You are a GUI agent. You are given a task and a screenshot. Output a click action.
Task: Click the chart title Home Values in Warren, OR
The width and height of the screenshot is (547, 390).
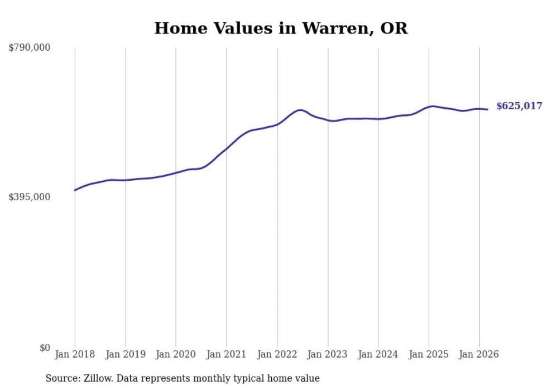click(x=281, y=28)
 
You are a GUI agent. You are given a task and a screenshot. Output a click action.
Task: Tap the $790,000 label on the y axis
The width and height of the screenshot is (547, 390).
click(x=29, y=47)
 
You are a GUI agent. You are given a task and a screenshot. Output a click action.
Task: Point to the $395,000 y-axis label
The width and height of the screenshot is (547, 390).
click(x=29, y=197)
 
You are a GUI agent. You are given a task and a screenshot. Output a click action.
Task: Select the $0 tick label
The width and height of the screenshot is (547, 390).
click(x=45, y=348)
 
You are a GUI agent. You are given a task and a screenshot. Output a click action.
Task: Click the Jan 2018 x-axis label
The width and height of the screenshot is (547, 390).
click(x=75, y=354)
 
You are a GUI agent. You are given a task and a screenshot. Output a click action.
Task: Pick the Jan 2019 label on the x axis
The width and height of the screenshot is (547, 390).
click(x=126, y=354)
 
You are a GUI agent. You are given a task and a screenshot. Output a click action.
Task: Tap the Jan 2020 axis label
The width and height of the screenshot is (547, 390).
click(x=176, y=354)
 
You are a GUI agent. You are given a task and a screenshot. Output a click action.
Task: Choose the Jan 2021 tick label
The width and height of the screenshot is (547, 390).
click(x=227, y=354)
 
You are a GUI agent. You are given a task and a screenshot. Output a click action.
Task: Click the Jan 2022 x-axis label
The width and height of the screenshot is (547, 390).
click(x=277, y=354)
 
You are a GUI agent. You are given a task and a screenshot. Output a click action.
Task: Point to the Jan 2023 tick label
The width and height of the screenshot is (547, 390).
click(x=328, y=354)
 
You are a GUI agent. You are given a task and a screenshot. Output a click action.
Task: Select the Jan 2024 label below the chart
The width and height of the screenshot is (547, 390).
click(x=378, y=354)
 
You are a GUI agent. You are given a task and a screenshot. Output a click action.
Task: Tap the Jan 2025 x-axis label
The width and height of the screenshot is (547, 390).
click(x=429, y=354)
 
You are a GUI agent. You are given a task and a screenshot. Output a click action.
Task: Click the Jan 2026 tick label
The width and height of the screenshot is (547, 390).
click(x=479, y=354)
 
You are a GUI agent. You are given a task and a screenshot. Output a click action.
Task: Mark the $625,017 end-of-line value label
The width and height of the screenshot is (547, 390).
click(x=519, y=106)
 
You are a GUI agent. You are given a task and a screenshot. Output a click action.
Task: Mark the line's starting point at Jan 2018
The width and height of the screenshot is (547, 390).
click(x=75, y=190)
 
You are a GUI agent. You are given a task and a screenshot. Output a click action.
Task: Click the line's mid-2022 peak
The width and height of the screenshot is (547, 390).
click(x=300, y=110)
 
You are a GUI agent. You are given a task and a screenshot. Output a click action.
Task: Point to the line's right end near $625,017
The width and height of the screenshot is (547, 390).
click(x=488, y=109)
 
